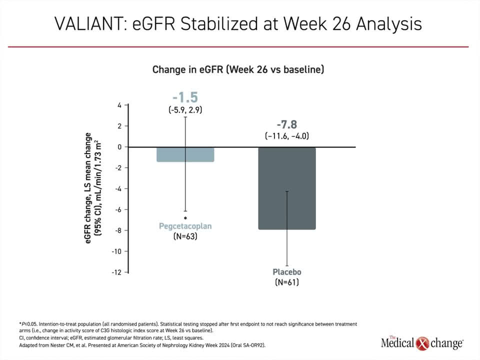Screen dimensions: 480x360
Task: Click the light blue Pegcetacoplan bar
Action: [x=185, y=154]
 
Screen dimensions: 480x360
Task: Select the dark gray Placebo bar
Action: [x=287, y=188]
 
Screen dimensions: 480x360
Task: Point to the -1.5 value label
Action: [x=185, y=97]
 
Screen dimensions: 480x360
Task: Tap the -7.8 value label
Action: [x=287, y=124]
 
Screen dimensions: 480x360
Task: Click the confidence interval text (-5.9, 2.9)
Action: [x=185, y=110]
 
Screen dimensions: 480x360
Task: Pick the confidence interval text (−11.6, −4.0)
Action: [x=287, y=136]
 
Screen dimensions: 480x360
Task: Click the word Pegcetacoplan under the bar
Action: [x=185, y=226]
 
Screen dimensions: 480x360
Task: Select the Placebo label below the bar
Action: [x=287, y=272]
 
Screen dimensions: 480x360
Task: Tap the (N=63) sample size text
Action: [x=185, y=236]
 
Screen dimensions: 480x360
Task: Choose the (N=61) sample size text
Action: [x=287, y=282]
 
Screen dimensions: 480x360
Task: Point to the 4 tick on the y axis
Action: [x=119, y=105]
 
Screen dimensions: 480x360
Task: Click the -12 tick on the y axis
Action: [x=116, y=272]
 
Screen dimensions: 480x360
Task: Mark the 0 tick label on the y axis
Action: [x=119, y=147]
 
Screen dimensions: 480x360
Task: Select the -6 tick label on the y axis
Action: [x=118, y=209]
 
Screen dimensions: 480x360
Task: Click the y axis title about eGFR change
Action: [x=93, y=188]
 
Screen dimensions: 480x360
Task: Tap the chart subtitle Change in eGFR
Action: [x=238, y=69]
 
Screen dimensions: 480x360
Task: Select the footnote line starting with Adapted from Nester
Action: [x=142, y=345]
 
